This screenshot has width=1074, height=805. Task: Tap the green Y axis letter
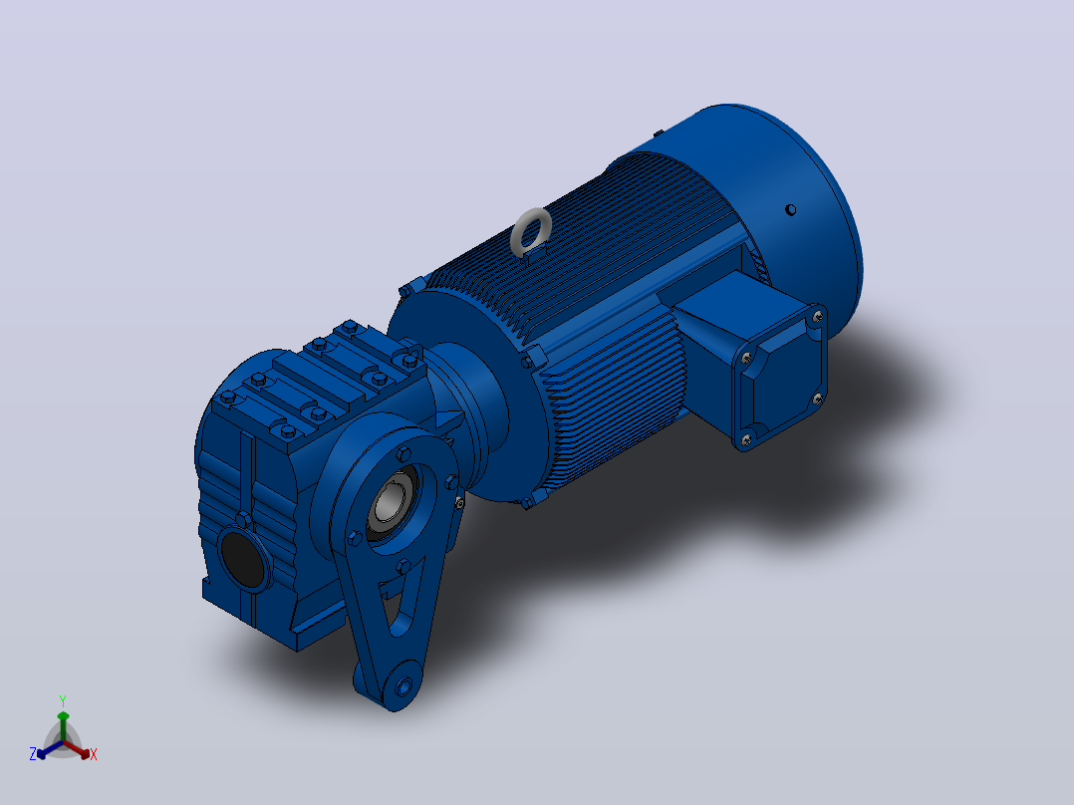pyautogui.click(x=63, y=700)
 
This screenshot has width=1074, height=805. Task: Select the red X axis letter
pyautogui.click(x=94, y=754)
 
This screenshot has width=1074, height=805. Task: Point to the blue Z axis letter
pyautogui.click(x=32, y=753)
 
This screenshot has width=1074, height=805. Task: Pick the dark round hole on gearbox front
pyautogui.click(x=243, y=560)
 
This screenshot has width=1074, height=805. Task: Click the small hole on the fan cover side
pyautogui.click(x=790, y=209)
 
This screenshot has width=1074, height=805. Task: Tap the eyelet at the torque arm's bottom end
pyautogui.click(x=403, y=685)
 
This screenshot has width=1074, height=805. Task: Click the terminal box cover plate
pyautogui.click(x=781, y=377)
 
